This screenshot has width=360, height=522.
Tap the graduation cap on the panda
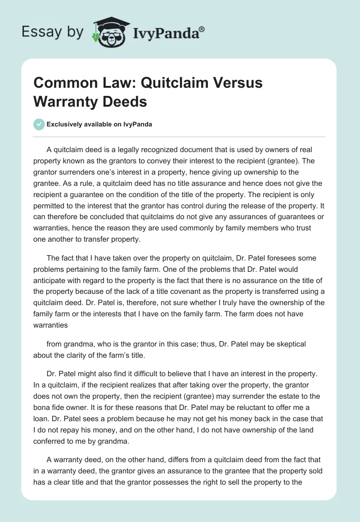pyautogui.click(x=111, y=22)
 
